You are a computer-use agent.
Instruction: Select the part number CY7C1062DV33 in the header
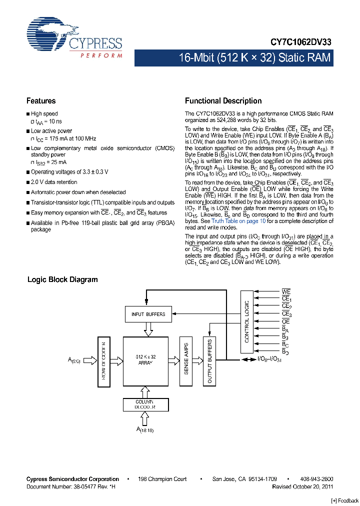(301, 43)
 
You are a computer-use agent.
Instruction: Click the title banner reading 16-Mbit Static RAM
(254, 58)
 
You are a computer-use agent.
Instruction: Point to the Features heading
(41, 101)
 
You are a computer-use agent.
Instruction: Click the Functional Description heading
(223, 101)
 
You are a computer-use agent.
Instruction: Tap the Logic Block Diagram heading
(62, 279)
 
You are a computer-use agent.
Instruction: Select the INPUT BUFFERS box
(148, 314)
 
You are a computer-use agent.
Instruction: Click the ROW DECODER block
(104, 360)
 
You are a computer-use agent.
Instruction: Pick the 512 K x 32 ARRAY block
(146, 360)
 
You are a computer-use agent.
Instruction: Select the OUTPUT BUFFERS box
(209, 361)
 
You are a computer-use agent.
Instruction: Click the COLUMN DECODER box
(144, 404)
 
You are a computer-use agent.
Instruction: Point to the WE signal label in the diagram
(286, 291)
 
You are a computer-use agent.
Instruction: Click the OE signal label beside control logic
(286, 321)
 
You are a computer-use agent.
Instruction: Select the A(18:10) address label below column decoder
(145, 429)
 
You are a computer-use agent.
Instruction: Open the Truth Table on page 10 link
(235, 221)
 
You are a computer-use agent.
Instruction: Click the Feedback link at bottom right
(345, 500)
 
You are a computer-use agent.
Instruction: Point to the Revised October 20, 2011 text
(302, 486)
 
